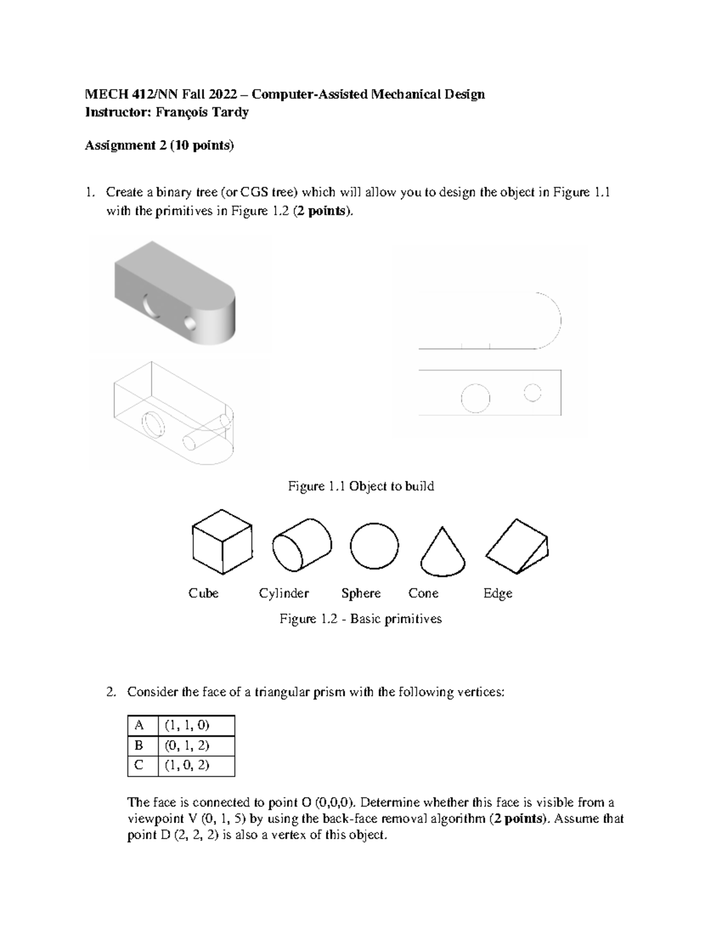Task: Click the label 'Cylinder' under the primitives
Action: click(283, 594)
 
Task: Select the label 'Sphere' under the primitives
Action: click(361, 594)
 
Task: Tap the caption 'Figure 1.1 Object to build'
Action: click(361, 486)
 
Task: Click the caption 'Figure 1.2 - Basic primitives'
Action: click(360, 619)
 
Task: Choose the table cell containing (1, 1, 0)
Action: click(196, 725)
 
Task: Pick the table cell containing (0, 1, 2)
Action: click(196, 745)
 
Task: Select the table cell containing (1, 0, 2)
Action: click(196, 765)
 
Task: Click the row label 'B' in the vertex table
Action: click(139, 745)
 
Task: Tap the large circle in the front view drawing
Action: click(475, 398)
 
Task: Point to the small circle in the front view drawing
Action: click(532, 393)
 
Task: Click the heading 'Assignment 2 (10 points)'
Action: click(159, 146)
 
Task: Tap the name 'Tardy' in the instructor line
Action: click(232, 113)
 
